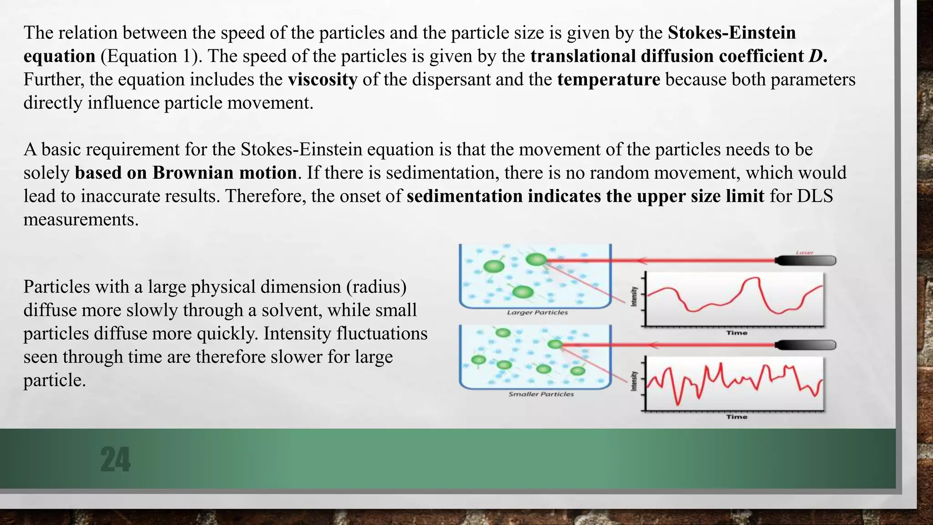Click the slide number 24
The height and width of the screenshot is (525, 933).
tap(115, 459)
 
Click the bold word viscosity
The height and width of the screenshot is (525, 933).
tap(323, 79)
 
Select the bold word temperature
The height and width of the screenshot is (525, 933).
tap(609, 79)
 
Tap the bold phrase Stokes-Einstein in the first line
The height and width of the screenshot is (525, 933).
tap(732, 32)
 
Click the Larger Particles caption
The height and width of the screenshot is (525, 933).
tap(538, 313)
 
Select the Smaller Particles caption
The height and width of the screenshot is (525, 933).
tap(541, 394)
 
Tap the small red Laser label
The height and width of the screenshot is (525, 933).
tap(805, 252)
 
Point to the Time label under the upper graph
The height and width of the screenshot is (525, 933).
tap(737, 333)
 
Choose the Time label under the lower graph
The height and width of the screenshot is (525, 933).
tap(737, 417)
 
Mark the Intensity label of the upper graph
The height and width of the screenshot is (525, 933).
tap(634, 297)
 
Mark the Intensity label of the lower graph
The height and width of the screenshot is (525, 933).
tap(634, 381)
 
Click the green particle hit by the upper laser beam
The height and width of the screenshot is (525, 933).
tap(536, 260)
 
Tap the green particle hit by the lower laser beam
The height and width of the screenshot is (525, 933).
tap(555, 345)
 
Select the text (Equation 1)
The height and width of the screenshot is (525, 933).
tap(151, 56)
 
